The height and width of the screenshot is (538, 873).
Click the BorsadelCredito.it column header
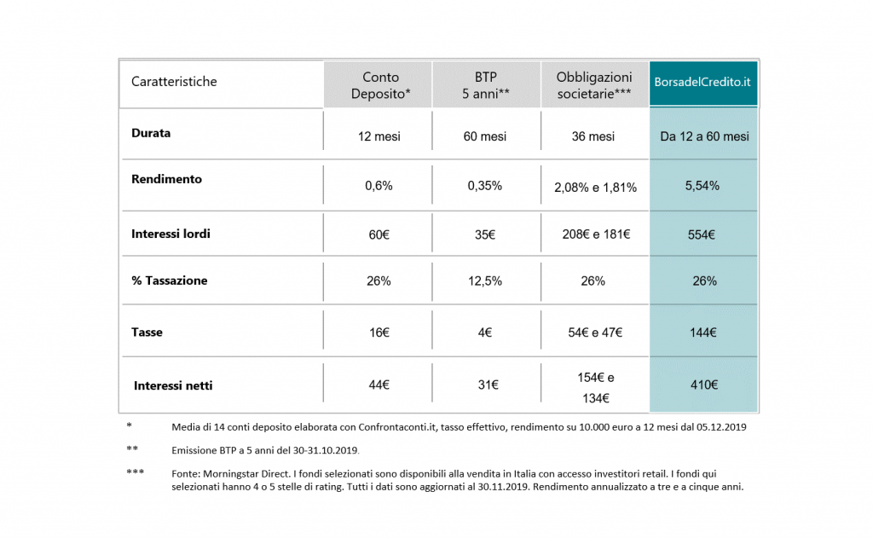pos(702,82)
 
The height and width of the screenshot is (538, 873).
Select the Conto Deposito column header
pos(380,85)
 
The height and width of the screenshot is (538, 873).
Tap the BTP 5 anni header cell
pos(485,85)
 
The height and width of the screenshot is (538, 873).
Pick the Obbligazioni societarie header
pos(594,85)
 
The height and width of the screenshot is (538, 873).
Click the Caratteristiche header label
pos(174,81)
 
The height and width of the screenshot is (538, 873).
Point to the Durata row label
pos(151,133)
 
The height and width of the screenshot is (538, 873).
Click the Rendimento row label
pos(166,179)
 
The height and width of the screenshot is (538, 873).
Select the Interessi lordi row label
pos(171,234)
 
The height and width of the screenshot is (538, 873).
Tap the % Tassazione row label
pos(170,281)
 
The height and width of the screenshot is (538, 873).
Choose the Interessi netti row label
pos(173,385)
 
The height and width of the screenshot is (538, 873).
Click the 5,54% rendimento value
pos(702,186)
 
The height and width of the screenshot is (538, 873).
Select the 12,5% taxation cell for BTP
pos(485,281)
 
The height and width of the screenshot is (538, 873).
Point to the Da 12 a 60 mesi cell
pos(704,136)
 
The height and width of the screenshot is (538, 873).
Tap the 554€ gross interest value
pos(702,234)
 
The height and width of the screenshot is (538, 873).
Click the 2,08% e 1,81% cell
pos(595,188)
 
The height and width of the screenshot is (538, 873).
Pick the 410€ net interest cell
pos(703,385)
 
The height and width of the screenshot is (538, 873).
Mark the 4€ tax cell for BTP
pos(485,333)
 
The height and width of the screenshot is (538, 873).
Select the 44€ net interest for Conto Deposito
pos(379,385)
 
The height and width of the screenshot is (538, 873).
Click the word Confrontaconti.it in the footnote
pos(396,427)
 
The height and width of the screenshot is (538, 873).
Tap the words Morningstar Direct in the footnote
pos(246,474)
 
